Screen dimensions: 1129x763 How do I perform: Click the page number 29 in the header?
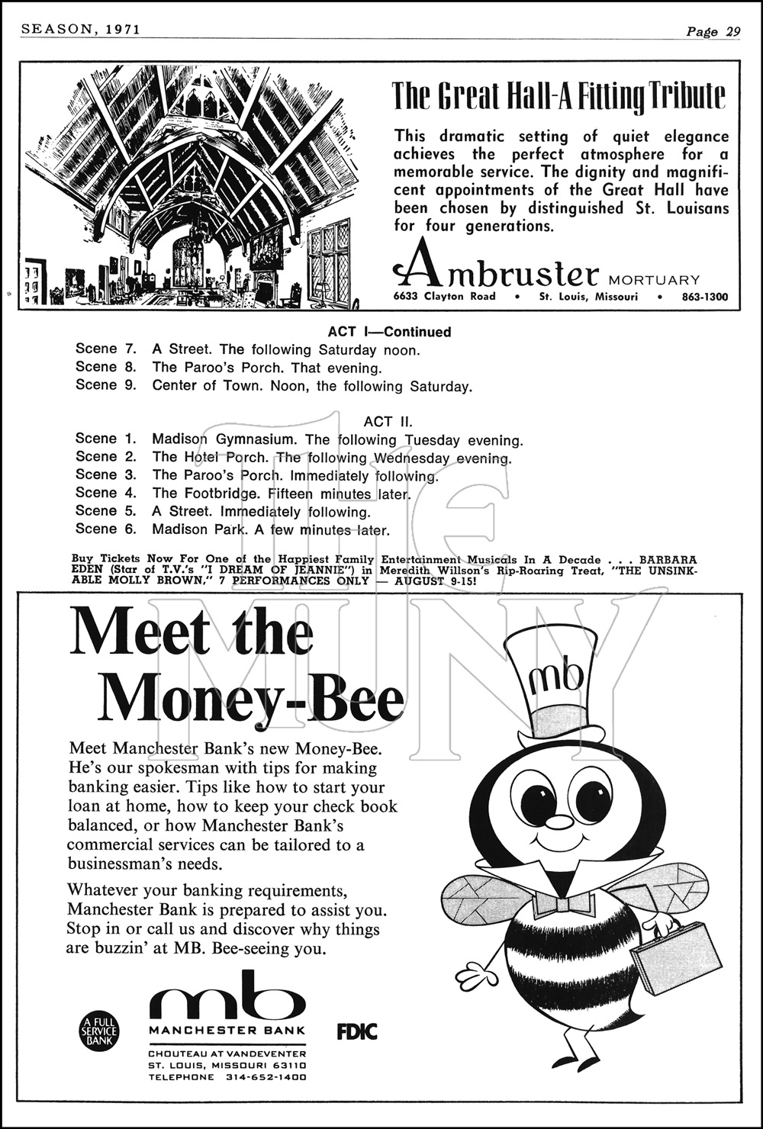[732, 31]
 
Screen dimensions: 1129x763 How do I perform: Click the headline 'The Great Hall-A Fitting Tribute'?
[559, 97]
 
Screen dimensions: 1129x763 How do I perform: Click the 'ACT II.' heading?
[388, 421]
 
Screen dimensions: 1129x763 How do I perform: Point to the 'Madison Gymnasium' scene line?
[223, 439]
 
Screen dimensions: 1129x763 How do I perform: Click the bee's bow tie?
[564, 905]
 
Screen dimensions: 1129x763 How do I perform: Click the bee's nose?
[561, 822]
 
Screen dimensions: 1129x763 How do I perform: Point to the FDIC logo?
[357, 1032]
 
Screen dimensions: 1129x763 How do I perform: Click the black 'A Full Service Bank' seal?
[100, 1031]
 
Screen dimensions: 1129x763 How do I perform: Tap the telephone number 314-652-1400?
[266, 1077]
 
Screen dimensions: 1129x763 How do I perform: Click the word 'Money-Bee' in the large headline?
[250, 696]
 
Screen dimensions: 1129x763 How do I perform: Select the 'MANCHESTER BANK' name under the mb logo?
[227, 1030]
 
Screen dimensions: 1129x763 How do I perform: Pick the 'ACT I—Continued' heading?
[389, 332]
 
